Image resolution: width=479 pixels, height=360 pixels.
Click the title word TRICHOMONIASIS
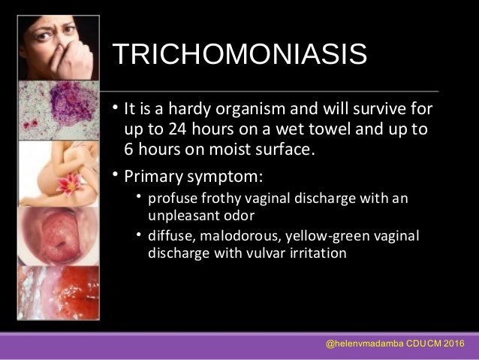pyautogui.click(x=239, y=55)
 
